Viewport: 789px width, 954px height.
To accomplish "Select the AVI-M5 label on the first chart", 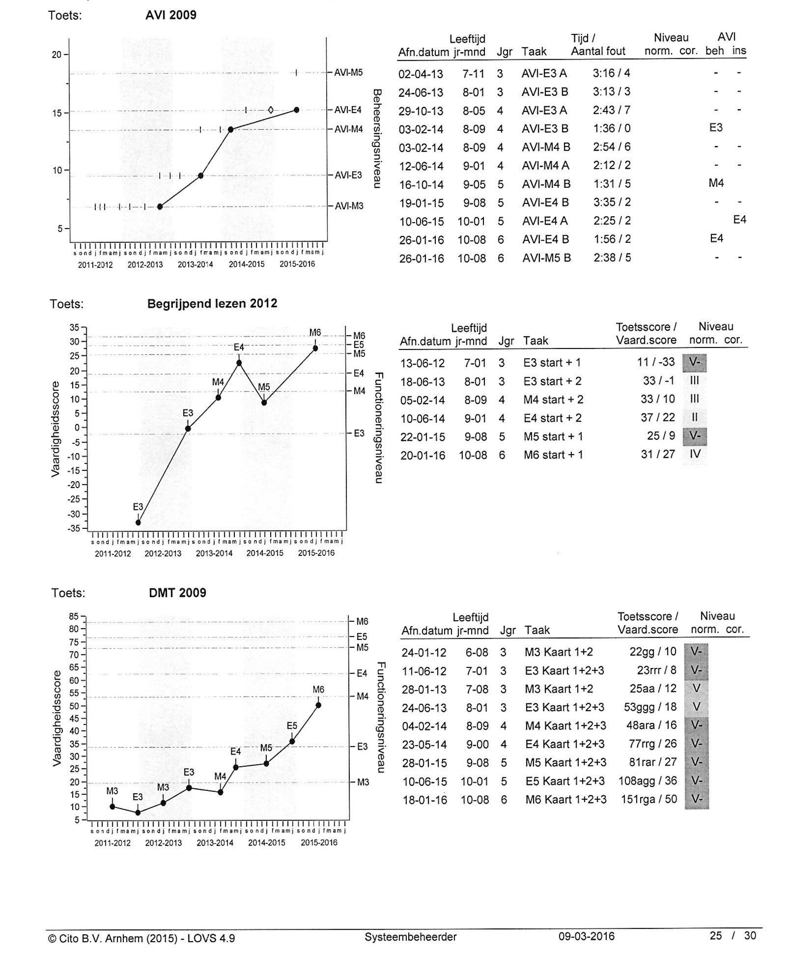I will tap(348, 73).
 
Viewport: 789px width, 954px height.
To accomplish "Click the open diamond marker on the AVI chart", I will tap(271, 110).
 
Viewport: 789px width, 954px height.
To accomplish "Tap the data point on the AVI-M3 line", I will tap(160, 207).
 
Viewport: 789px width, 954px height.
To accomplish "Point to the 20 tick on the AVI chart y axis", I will tap(56, 55).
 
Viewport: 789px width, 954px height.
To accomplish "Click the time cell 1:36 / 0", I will tap(612, 129).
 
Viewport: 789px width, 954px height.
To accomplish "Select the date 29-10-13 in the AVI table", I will tap(421, 111).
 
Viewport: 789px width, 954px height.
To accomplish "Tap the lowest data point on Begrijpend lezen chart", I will tap(138, 522).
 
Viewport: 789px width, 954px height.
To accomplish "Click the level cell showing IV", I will tap(695, 454).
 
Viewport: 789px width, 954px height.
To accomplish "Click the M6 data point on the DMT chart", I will tap(319, 705).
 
